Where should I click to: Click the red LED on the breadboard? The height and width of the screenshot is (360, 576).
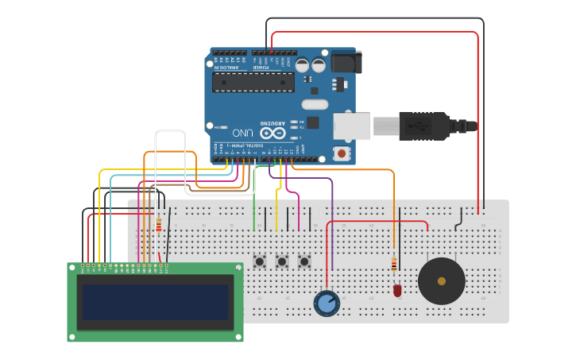pyautogui.click(x=397, y=291)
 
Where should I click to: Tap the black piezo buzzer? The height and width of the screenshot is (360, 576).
pyautogui.click(x=442, y=281)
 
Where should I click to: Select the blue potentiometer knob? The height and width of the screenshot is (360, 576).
pyautogui.click(x=327, y=303)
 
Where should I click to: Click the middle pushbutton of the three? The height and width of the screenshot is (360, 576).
pyautogui.click(x=282, y=261)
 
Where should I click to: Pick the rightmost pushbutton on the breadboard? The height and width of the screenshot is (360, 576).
pyautogui.click(x=304, y=261)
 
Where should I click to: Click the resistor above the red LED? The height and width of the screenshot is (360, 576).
pyautogui.click(x=394, y=264)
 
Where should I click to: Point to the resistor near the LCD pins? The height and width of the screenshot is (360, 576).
pyautogui.click(x=158, y=225)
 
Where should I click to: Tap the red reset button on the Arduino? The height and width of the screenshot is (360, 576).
pyautogui.click(x=342, y=153)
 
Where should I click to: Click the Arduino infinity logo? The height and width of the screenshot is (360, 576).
pyautogui.click(x=271, y=132)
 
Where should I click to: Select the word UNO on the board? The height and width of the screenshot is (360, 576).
pyautogui.click(x=242, y=132)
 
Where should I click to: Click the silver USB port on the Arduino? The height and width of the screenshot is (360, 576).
pyautogui.click(x=352, y=126)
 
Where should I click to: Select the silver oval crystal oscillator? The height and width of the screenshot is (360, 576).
pyautogui.click(x=315, y=104)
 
